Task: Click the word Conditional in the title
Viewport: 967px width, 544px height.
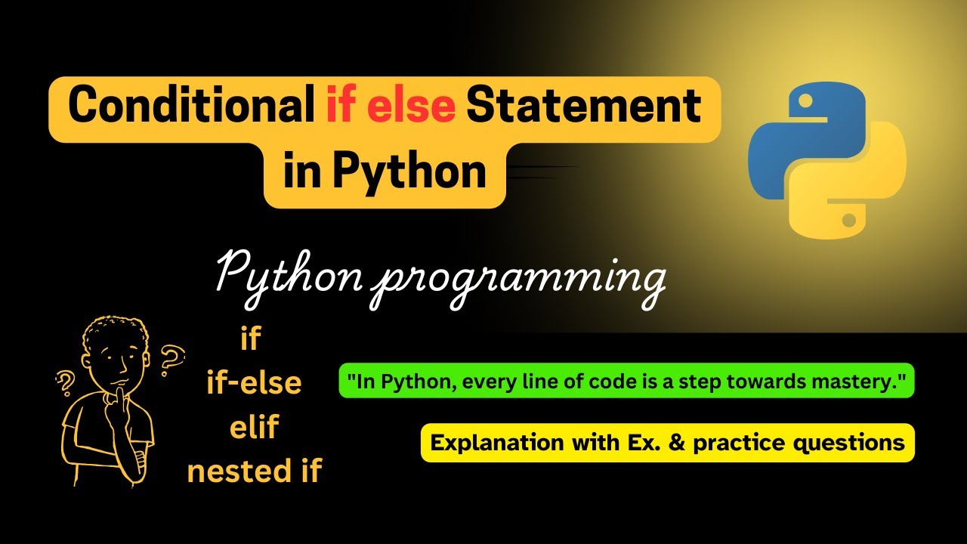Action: click(x=191, y=104)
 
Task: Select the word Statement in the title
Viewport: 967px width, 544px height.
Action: click(x=584, y=105)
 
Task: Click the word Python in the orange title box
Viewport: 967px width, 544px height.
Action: click(x=409, y=173)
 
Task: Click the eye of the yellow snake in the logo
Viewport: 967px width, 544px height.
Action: click(x=848, y=220)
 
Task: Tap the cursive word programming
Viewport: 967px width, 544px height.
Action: click(x=518, y=283)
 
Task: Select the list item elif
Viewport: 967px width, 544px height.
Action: click(x=255, y=427)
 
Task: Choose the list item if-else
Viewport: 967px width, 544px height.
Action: click(x=254, y=382)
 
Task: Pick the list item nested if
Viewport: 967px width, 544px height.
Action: click(x=255, y=470)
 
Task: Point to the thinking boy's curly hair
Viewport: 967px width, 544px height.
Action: click(x=113, y=332)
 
